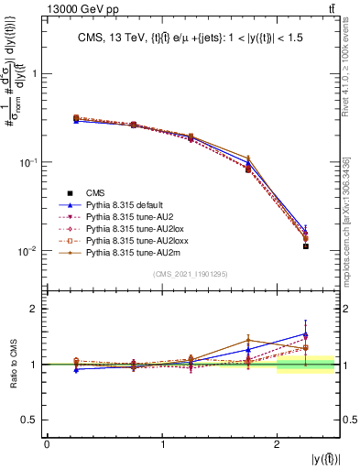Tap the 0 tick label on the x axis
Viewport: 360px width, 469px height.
pyautogui.click(x=47, y=444)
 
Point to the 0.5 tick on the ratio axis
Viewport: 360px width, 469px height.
pyautogui.click(x=32, y=420)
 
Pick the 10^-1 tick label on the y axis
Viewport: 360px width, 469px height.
pyautogui.click(x=27, y=162)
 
